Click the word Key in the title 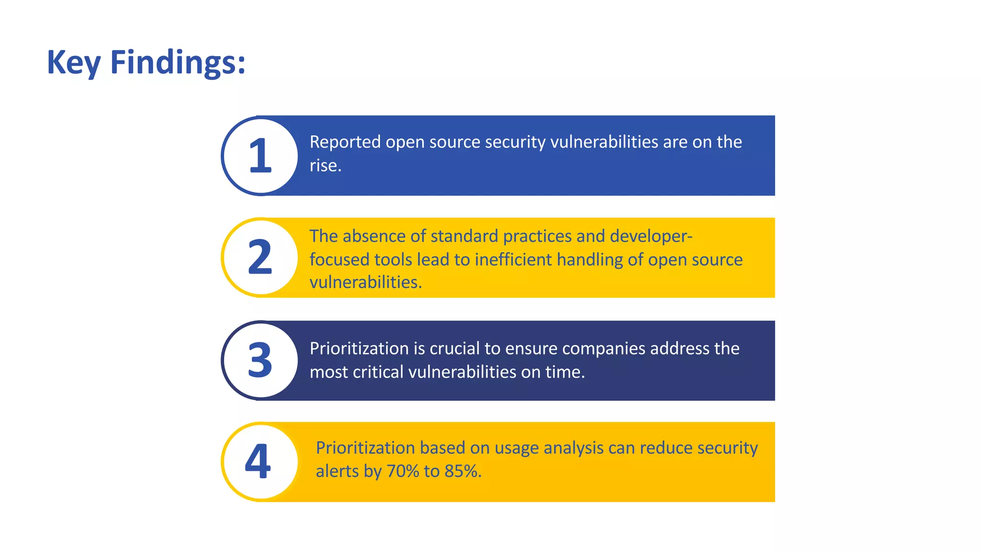coord(73,63)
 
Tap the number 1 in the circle coord(260,156)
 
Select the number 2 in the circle coord(260,258)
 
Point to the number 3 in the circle coord(260,360)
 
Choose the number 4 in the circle coord(258,461)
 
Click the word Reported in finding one coord(345,142)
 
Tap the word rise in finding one coord(324,166)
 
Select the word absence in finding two coord(374,236)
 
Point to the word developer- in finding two coord(651,236)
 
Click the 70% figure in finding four coord(403,471)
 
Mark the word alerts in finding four coord(337,471)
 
